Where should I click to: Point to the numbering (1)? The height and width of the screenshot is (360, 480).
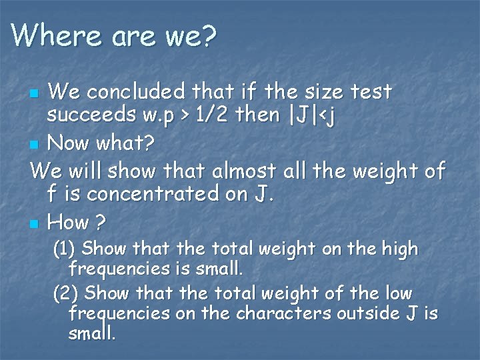click(x=65, y=249)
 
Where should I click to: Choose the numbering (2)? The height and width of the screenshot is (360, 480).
click(x=66, y=293)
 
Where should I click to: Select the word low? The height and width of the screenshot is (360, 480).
click(x=398, y=293)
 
